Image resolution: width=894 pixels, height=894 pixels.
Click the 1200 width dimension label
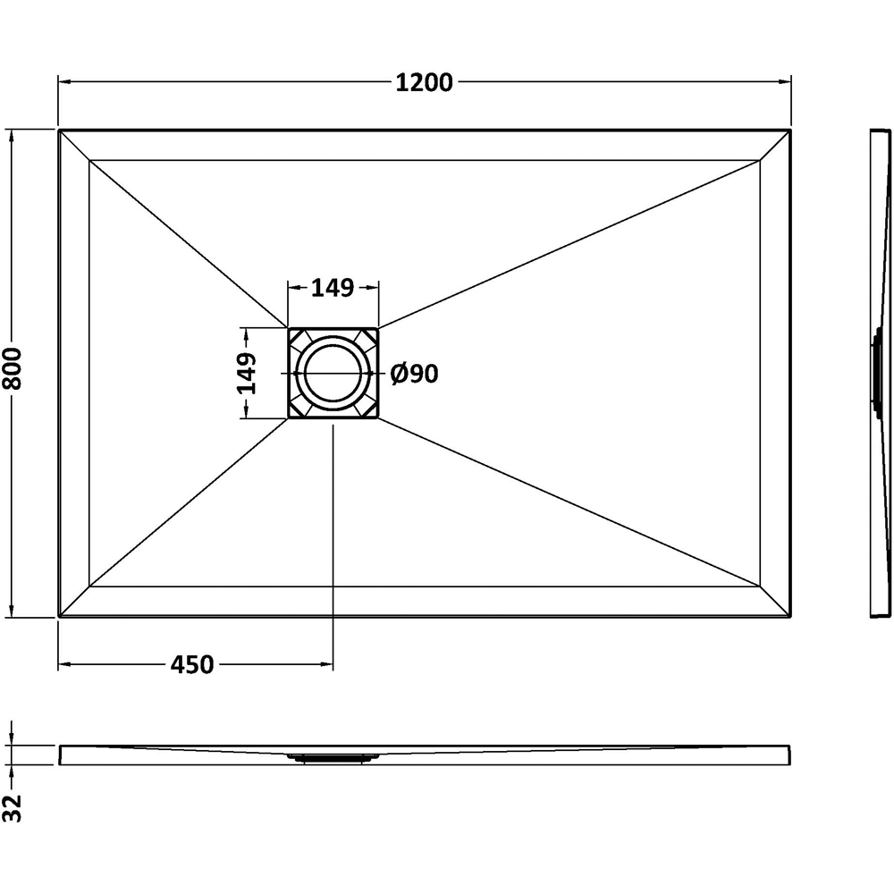[x=425, y=82]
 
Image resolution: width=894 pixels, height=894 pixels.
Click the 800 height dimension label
[x=13, y=372]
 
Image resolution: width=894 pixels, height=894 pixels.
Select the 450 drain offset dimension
[x=192, y=664]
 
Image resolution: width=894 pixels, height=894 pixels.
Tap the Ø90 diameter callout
[x=415, y=374]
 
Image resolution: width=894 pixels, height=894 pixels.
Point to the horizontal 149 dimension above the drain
[x=333, y=287]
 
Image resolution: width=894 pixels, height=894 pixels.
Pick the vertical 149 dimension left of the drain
[x=247, y=373]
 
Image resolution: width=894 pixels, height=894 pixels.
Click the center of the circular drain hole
[x=333, y=373]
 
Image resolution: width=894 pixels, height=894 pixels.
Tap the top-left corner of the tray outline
[x=60, y=131]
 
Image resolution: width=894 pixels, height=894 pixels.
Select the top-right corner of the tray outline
[x=790, y=131]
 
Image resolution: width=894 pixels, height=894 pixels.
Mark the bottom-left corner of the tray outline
[x=60, y=615]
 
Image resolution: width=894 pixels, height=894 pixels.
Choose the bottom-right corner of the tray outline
[x=790, y=615]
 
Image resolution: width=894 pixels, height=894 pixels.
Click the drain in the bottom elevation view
[x=333, y=758]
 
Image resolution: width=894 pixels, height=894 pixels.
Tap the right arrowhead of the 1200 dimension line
[x=786, y=82]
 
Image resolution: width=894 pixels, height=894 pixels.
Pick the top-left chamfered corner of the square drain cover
[x=297, y=338]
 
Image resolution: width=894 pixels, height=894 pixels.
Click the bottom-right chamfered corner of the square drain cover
[x=368, y=409]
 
